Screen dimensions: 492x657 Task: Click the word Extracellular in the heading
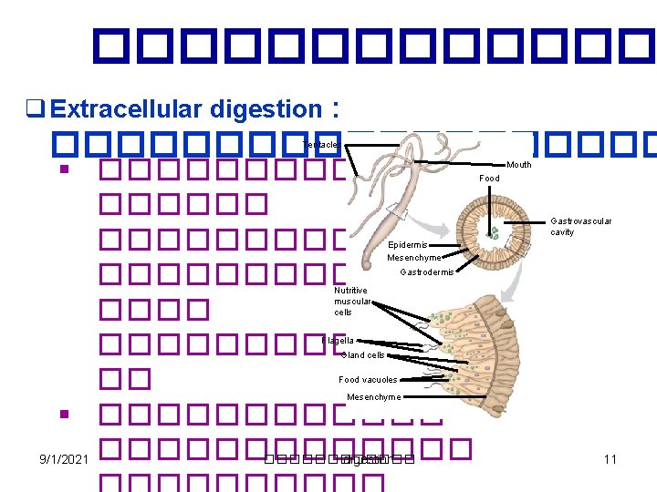[128, 109]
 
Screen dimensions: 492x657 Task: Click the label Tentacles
[321, 145]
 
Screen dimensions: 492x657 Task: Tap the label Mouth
[518, 165]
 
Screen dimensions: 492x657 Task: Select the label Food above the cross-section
[490, 179]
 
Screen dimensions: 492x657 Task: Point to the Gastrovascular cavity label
[581, 226]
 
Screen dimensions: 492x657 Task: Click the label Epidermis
[408, 245]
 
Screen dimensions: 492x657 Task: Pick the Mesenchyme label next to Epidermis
[414, 258]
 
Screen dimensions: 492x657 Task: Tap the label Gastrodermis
[427, 272]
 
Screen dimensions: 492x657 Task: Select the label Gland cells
[363, 355]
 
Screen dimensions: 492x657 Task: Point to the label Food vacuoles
[368, 380]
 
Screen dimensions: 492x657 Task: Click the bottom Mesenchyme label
[373, 397]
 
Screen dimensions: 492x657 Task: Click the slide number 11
[610, 459]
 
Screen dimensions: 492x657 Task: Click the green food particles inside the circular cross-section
[493, 233]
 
